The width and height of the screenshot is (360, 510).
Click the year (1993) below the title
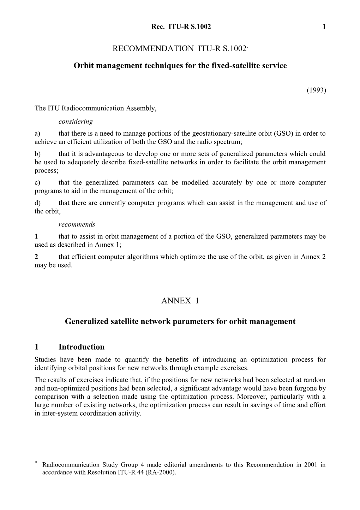point(316,90)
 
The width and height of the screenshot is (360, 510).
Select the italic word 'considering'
point(76,122)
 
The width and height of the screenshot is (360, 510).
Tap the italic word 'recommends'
point(77,224)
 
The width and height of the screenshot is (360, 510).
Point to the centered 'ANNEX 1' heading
point(180,301)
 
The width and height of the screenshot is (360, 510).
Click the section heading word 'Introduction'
point(82,347)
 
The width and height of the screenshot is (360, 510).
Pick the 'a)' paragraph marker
point(37,134)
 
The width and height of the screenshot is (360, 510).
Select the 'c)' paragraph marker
point(37,183)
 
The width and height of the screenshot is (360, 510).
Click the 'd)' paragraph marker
point(38,203)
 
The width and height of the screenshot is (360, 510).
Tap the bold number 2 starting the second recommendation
point(36,257)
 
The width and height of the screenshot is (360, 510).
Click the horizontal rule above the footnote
point(71,453)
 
